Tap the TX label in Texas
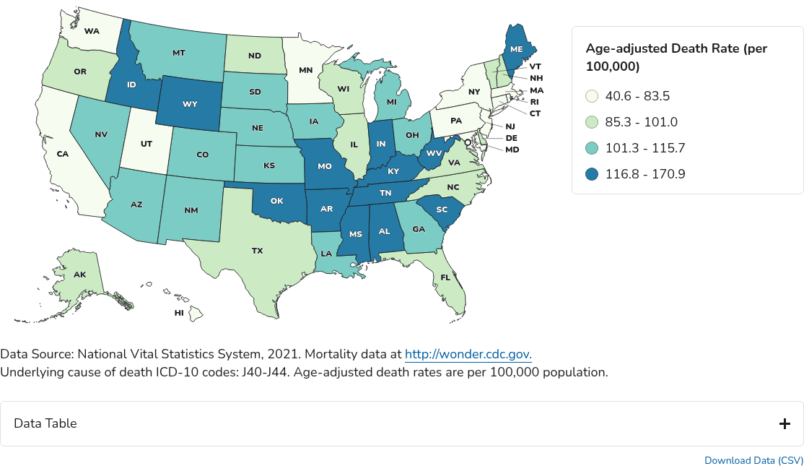(257, 251)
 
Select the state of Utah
(147, 144)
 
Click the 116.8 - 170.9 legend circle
(592, 174)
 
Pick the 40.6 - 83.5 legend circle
(592, 96)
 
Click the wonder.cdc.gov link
(468, 354)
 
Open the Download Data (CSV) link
(753, 460)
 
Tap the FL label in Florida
(445, 277)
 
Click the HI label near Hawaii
(179, 313)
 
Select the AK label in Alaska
(80, 275)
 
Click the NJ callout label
(510, 126)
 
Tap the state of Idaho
(131, 85)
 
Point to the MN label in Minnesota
(305, 70)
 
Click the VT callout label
(535, 66)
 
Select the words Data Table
(45, 423)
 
